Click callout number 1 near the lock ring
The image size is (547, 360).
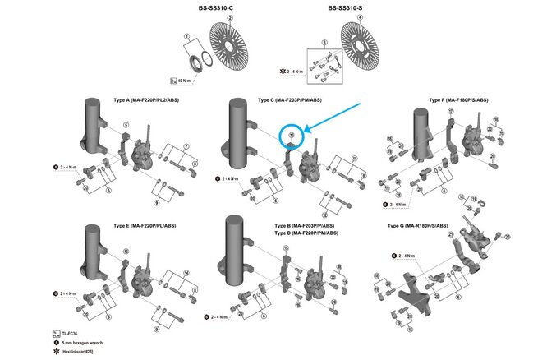pos(188,38)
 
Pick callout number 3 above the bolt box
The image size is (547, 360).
pos(324,41)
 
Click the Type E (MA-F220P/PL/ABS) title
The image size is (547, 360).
pos(145,224)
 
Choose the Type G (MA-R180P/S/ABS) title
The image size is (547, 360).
pos(417,225)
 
